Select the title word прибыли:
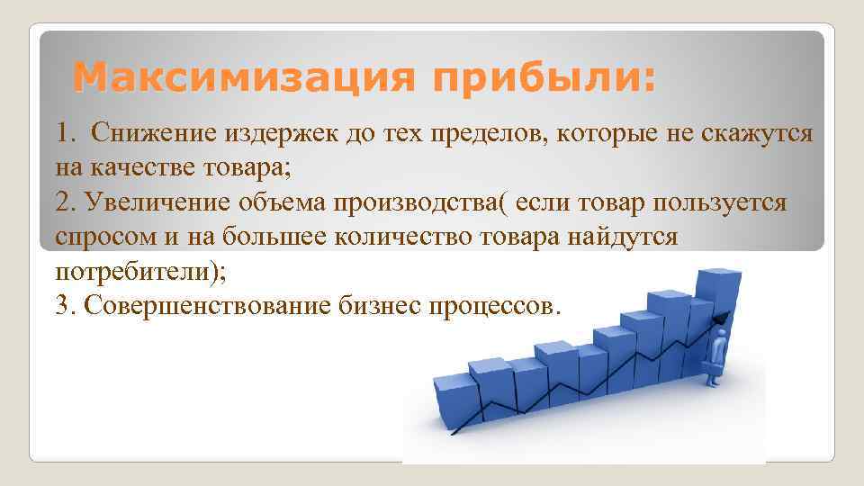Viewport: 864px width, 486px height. click(x=544, y=78)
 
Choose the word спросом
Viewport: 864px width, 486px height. click(x=94, y=238)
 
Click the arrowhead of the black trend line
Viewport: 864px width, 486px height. click(x=719, y=314)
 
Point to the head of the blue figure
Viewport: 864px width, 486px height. click(x=720, y=335)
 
